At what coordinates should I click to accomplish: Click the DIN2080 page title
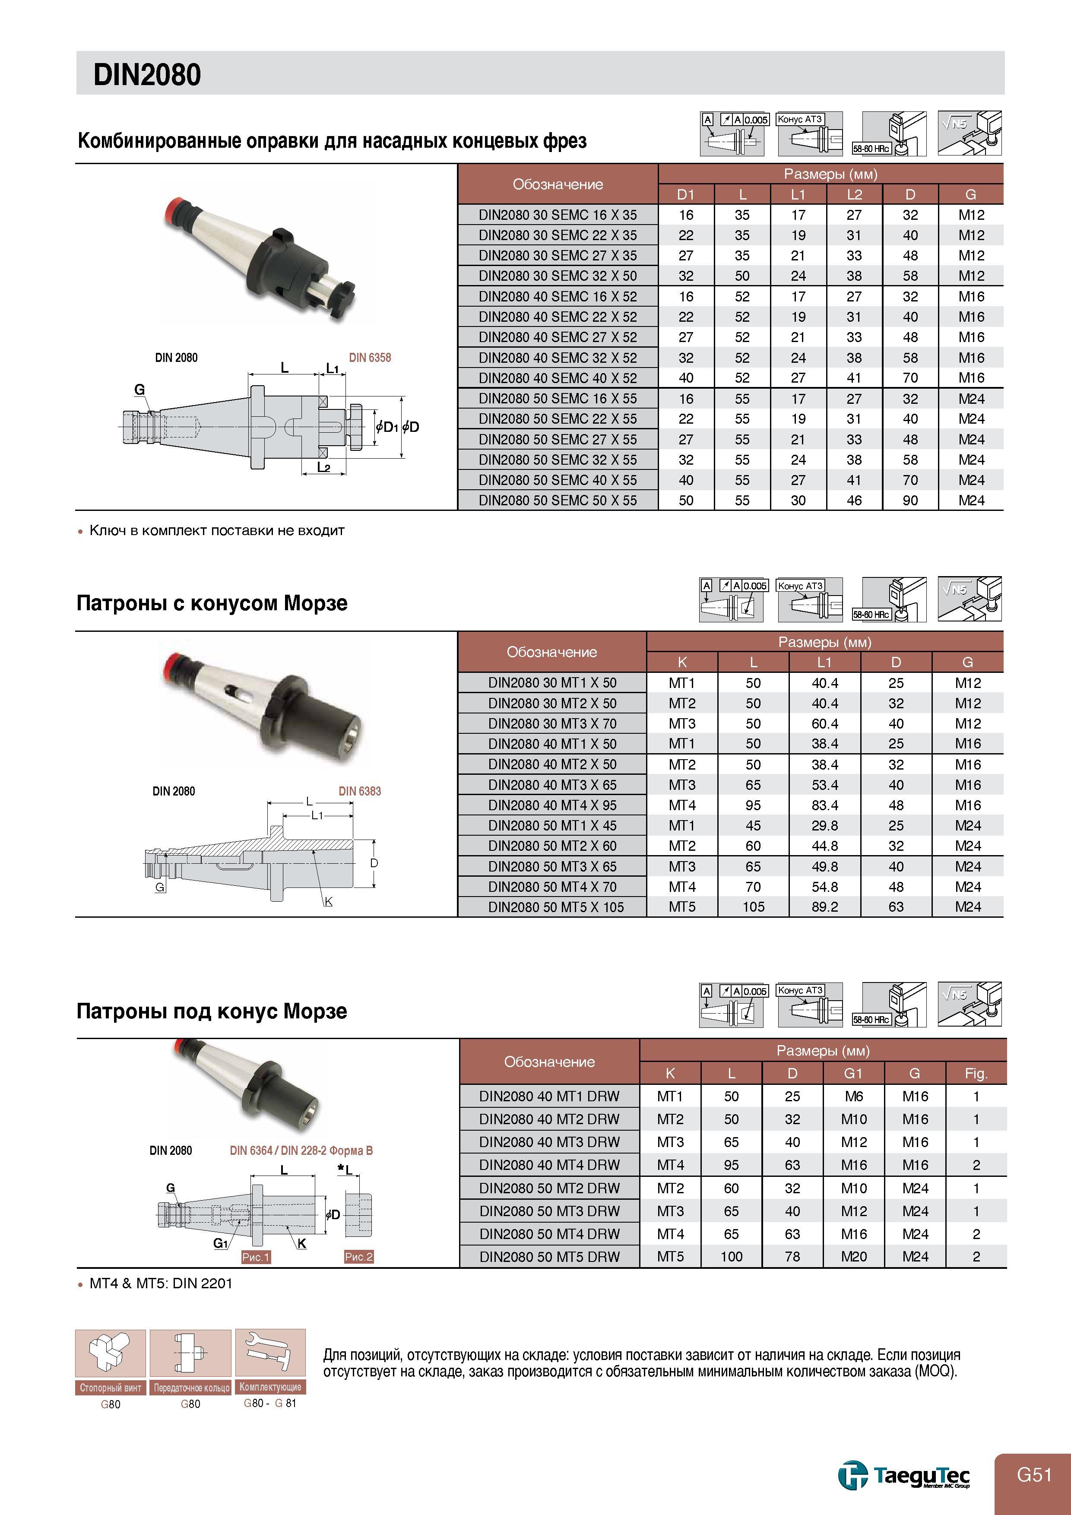(147, 75)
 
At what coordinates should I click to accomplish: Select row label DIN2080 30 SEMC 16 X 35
(558, 215)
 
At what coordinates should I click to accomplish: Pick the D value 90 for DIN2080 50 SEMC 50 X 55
(910, 501)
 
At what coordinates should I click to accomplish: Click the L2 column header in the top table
(854, 195)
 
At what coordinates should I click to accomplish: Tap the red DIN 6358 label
(370, 358)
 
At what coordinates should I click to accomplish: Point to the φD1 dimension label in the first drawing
(387, 427)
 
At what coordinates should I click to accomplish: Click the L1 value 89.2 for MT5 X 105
(824, 907)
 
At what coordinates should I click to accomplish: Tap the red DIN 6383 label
(360, 791)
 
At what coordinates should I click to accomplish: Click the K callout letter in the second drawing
(329, 901)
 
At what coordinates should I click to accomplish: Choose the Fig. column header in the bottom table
(976, 1074)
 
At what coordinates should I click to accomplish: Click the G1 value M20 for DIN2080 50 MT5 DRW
(854, 1257)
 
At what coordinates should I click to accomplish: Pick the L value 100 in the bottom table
(731, 1257)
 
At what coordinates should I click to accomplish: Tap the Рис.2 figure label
(358, 1257)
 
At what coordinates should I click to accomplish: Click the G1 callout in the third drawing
(220, 1244)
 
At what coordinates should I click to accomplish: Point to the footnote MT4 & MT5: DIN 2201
(161, 1284)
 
